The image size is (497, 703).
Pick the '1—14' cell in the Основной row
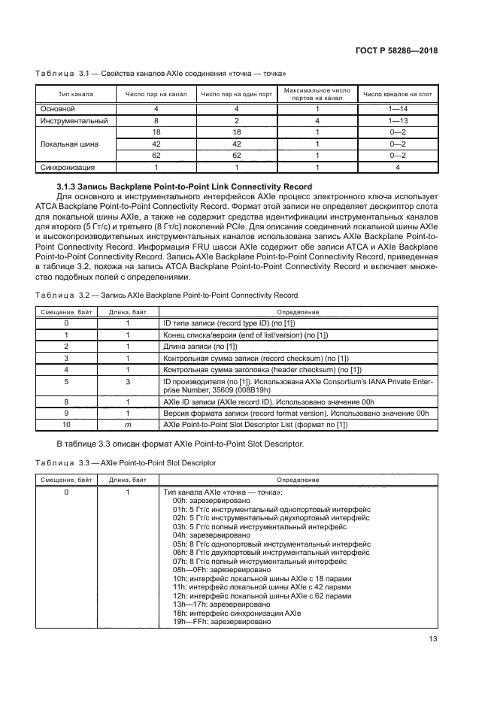(x=398, y=109)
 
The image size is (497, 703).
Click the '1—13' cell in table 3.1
(x=398, y=120)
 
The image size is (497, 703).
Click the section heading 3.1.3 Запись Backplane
(x=184, y=186)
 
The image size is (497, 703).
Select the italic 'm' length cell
(x=129, y=425)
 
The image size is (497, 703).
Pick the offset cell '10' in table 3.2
(x=66, y=425)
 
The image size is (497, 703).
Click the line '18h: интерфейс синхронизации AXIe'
(x=237, y=614)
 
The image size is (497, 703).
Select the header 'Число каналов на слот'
(x=398, y=94)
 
